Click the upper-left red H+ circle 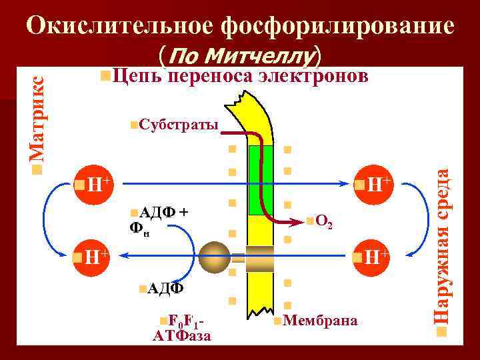click(92, 183)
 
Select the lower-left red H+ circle click(92, 255)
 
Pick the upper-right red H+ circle click(372, 183)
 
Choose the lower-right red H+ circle click(372, 255)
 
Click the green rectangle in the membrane click(256, 180)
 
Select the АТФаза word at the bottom click(182, 335)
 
